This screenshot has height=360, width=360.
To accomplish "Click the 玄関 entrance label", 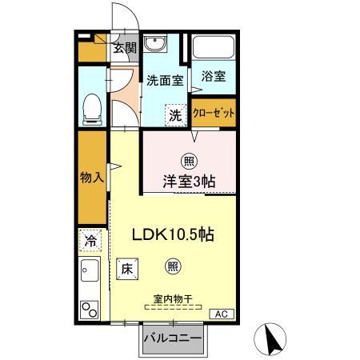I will (x=124, y=48).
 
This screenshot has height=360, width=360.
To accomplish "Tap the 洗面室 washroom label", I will (x=165, y=80).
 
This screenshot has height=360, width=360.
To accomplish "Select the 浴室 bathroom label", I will (x=214, y=77).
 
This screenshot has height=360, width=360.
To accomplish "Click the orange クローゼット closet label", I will (x=214, y=113).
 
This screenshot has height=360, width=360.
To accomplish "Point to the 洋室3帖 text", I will (x=190, y=181).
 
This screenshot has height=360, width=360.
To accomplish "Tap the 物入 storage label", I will (x=91, y=178).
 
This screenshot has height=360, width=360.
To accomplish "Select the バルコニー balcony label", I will (x=172, y=338).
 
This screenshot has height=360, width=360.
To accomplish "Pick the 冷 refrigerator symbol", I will (x=92, y=240).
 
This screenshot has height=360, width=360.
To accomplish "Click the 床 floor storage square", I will (x=127, y=270).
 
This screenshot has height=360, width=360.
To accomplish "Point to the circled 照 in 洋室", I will (x=190, y=158).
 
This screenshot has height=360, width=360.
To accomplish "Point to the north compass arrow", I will (x=271, y=341).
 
